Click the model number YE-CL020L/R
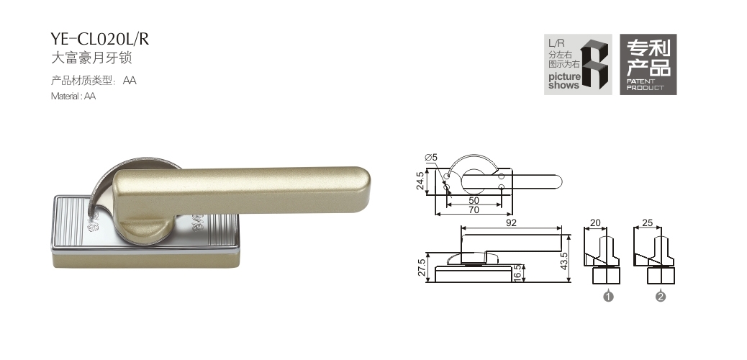click(x=100, y=39)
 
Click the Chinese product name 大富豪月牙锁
click(x=91, y=58)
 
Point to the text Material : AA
click(x=73, y=96)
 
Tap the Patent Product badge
click(x=648, y=64)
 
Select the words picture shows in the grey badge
click(x=564, y=81)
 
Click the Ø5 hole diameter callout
click(x=430, y=158)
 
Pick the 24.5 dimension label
click(x=420, y=181)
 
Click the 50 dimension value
click(x=474, y=201)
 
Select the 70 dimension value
click(x=474, y=210)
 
